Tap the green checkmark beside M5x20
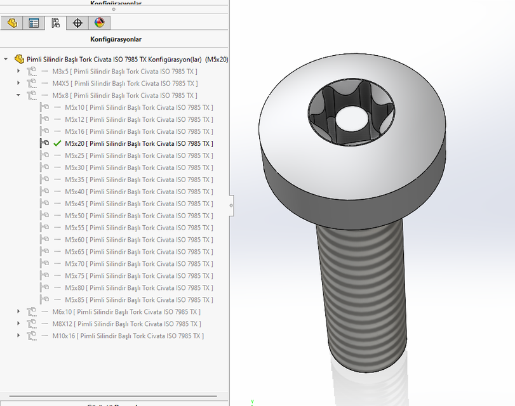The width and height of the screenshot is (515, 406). click(58, 143)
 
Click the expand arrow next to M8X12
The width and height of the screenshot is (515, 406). click(19, 324)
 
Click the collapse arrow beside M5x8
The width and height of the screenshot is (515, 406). click(19, 95)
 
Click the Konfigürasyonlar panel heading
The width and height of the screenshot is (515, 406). click(115, 39)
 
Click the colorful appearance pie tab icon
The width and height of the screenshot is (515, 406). click(99, 23)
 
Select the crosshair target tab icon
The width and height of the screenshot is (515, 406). click(77, 23)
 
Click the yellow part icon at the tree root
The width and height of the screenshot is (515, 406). click(19, 59)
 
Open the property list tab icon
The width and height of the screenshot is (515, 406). click(34, 23)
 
